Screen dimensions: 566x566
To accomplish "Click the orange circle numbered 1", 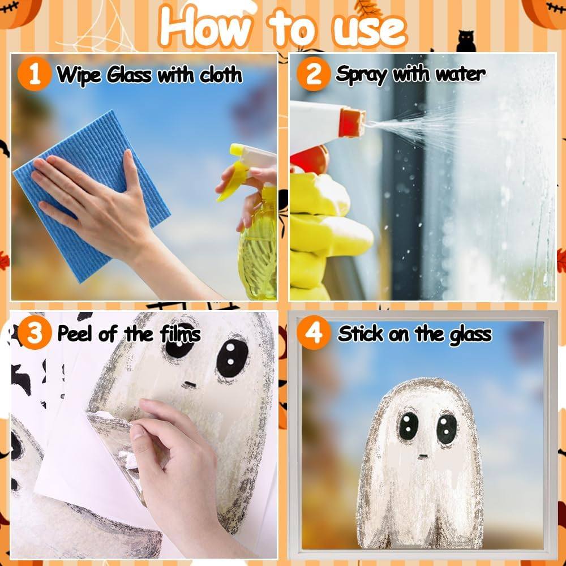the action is coord(35,74).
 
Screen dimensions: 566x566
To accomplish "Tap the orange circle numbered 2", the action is coord(314,74).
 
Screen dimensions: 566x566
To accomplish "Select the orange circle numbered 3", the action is coord(35,332).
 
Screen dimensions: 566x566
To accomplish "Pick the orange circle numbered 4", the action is coord(314,332).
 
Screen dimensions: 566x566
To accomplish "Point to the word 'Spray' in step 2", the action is coord(361,75).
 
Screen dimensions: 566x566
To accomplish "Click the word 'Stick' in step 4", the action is coord(360,333).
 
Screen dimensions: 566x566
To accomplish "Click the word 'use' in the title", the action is coord(370,31).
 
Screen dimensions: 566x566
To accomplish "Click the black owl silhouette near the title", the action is coord(466,41).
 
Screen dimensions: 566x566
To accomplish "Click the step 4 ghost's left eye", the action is coord(408,426).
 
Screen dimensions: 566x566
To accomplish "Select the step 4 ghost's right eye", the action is coord(447,429).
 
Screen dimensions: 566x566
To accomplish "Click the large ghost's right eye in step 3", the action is coord(232,358).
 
